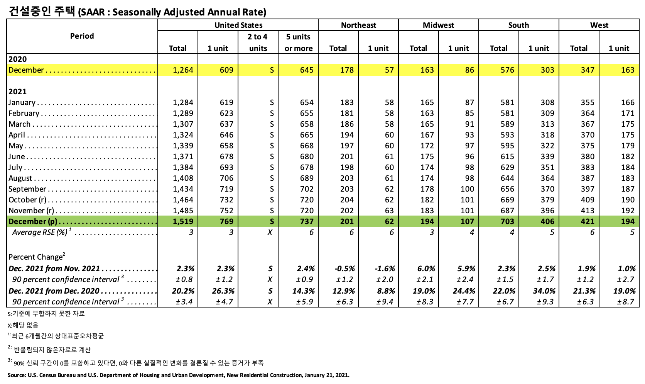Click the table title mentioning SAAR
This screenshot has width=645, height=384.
click(137, 12)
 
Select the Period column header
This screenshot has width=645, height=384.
click(82, 36)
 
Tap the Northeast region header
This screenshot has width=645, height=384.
click(358, 25)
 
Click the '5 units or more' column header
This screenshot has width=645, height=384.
click(298, 42)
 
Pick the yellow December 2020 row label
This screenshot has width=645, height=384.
click(26, 70)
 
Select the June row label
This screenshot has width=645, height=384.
click(17, 156)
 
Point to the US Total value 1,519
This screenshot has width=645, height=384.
click(183, 221)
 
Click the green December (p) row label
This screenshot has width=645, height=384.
click(33, 221)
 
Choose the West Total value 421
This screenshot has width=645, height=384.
click(588, 221)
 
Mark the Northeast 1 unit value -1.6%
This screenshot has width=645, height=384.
click(385, 268)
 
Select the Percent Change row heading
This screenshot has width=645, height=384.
click(35, 257)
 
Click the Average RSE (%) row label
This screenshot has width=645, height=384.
click(40, 232)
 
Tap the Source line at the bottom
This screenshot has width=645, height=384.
click(178, 375)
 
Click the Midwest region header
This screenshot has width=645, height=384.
click(438, 25)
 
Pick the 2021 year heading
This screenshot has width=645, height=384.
click(18, 92)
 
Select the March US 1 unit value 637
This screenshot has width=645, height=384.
click(226, 124)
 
